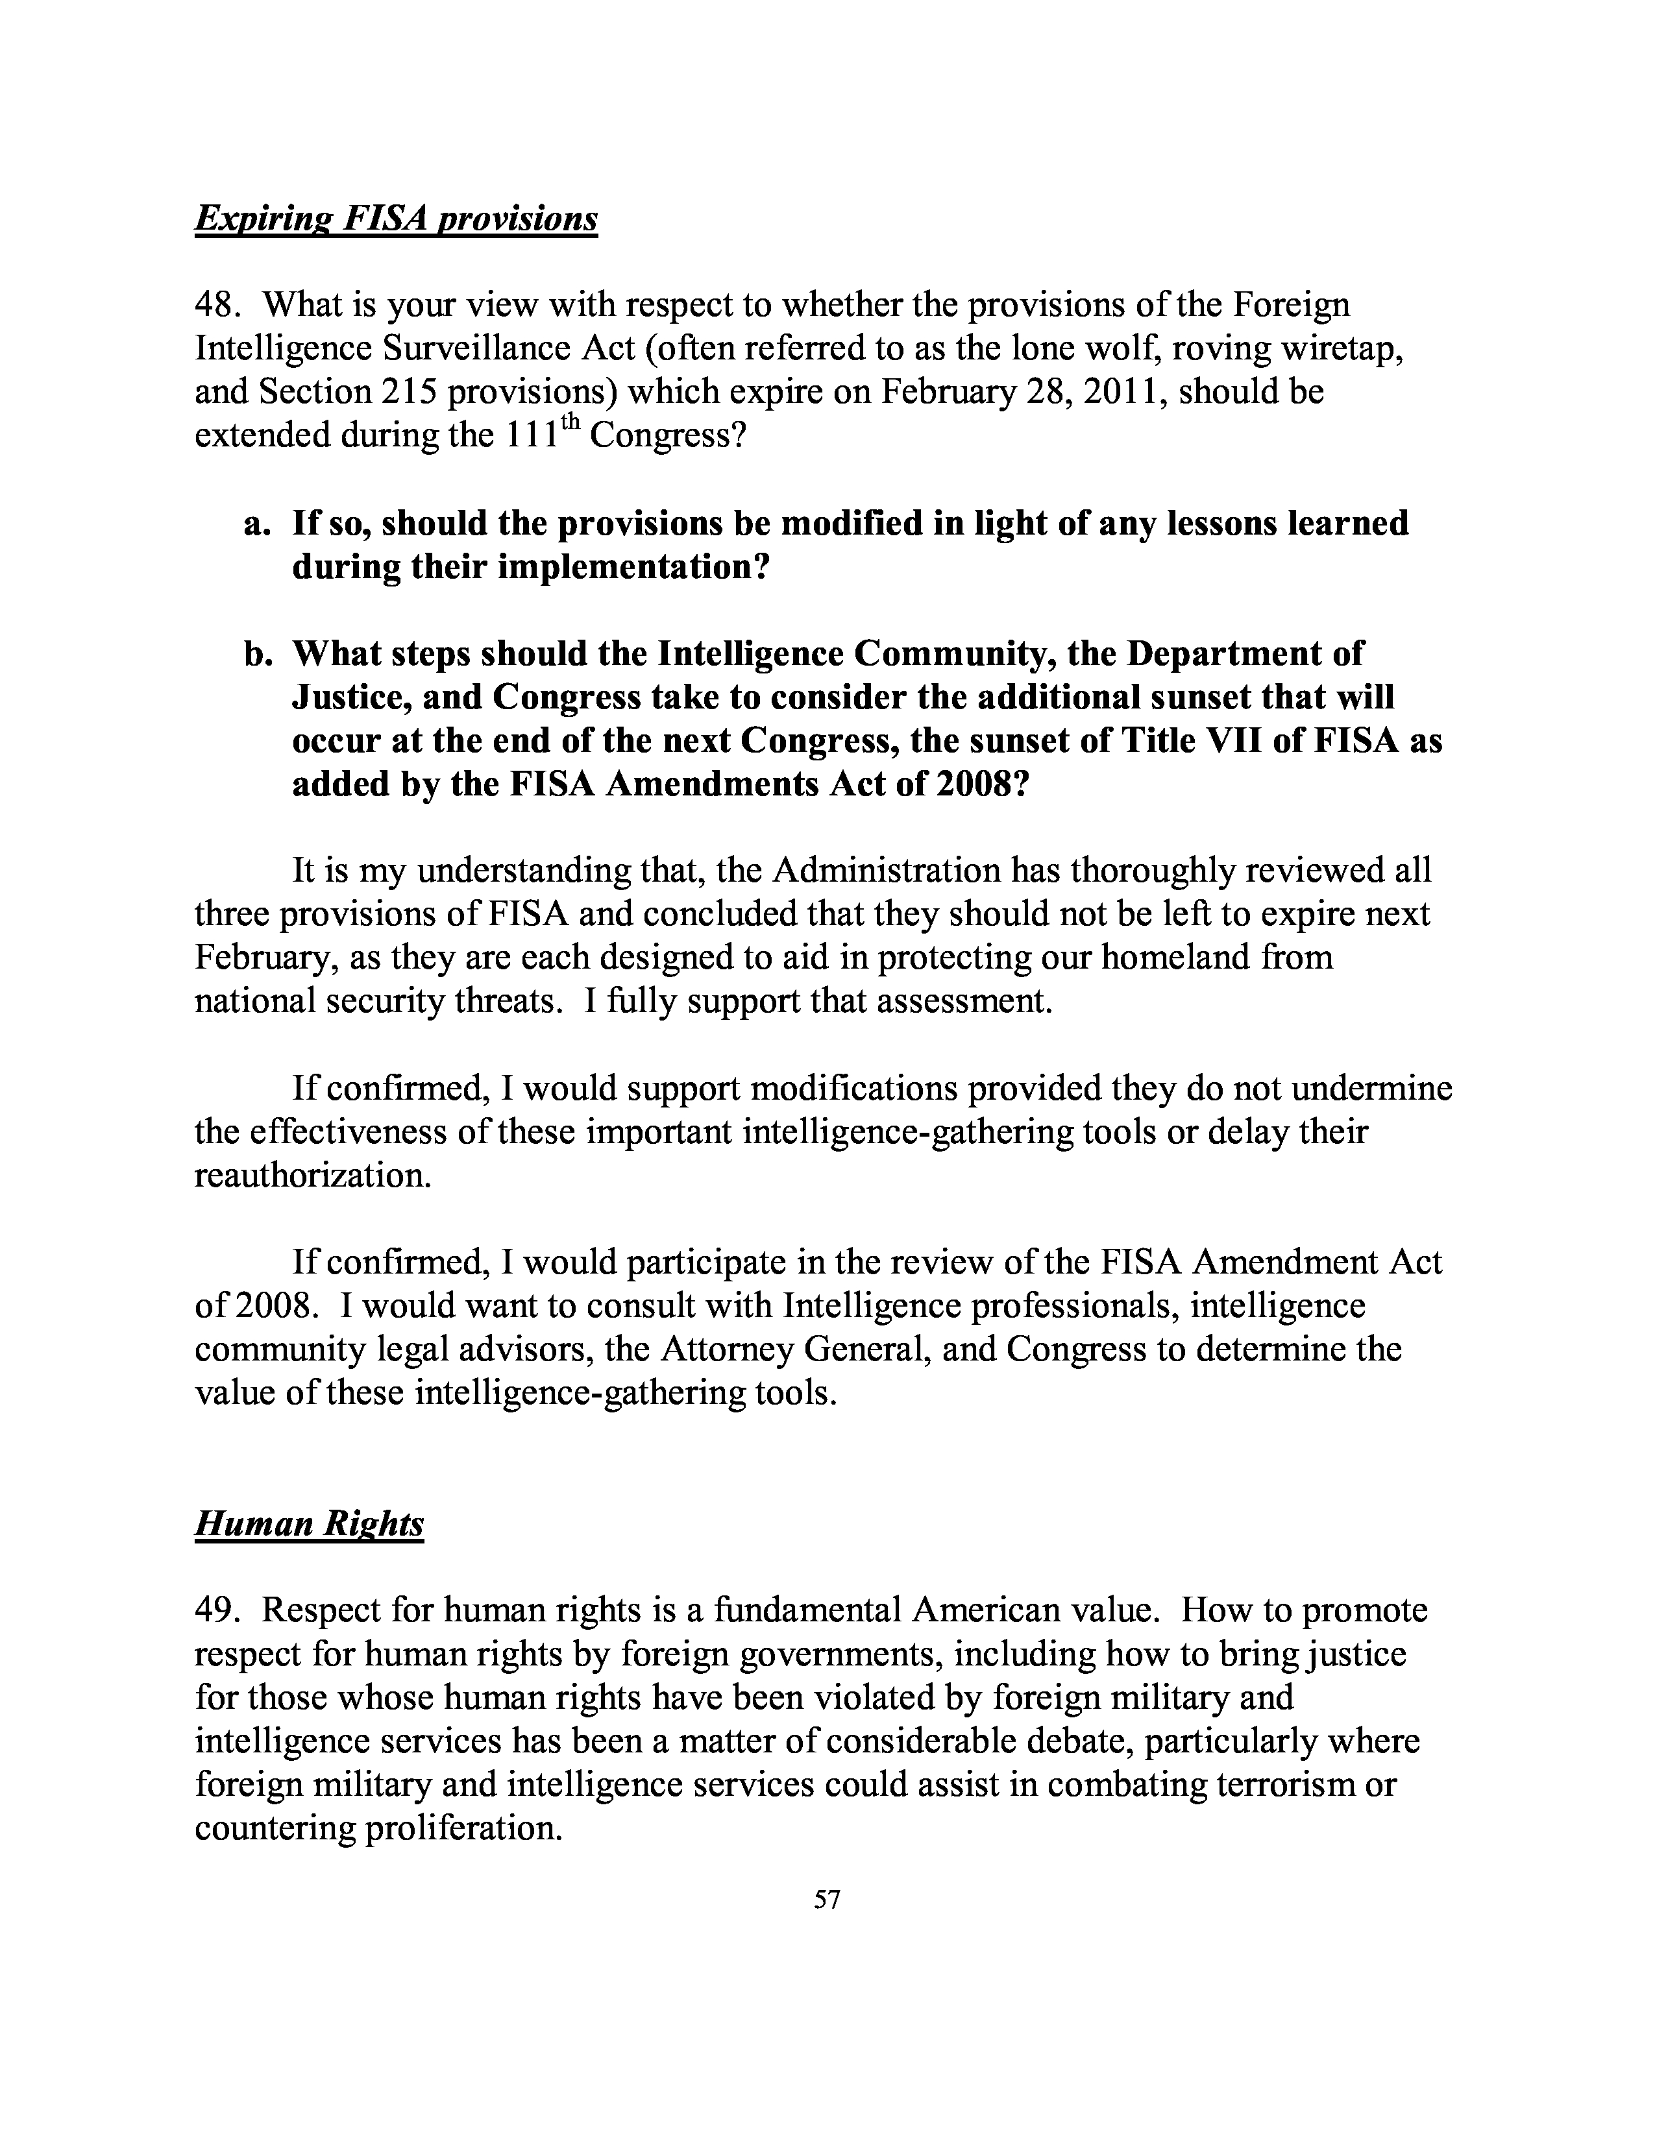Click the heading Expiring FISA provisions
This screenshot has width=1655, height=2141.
(396, 217)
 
